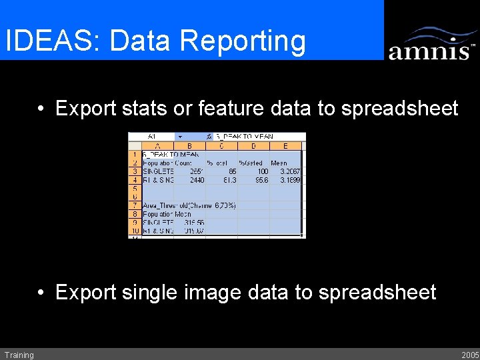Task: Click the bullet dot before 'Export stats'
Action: pyautogui.click(x=41, y=109)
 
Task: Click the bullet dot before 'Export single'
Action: pyautogui.click(x=41, y=293)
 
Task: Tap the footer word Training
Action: pyautogui.click(x=19, y=355)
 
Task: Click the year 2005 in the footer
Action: pyautogui.click(x=470, y=355)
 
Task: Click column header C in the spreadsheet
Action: pyautogui.click(x=221, y=145)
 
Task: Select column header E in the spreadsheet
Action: pyautogui.click(x=286, y=145)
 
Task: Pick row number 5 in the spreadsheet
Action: pyautogui.click(x=135, y=189)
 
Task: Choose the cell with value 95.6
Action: pyautogui.click(x=253, y=180)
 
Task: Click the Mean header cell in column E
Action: pyautogui.click(x=279, y=163)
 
